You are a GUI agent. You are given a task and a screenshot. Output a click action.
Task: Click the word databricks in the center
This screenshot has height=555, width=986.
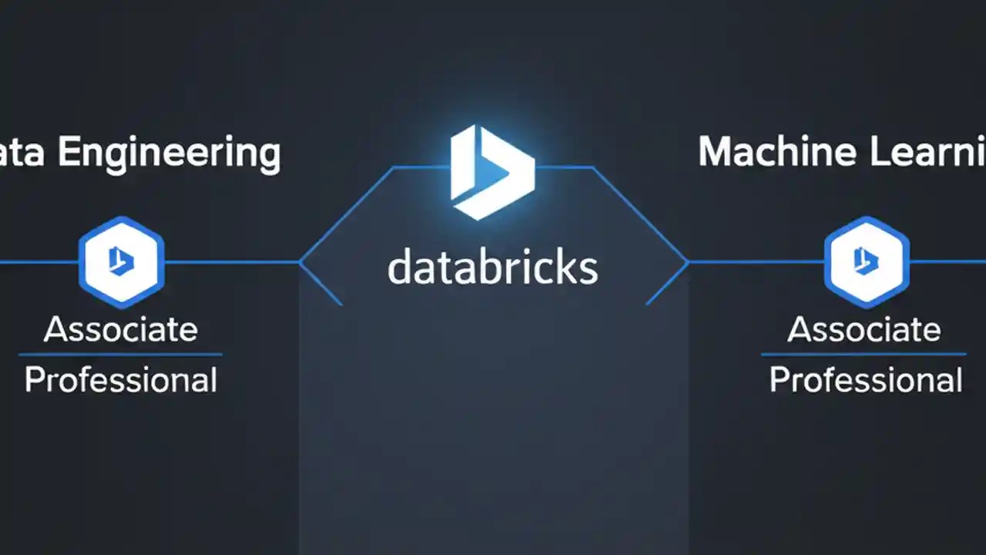[x=492, y=267]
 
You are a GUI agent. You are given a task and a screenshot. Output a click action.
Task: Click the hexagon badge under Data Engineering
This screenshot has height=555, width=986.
[x=121, y=262]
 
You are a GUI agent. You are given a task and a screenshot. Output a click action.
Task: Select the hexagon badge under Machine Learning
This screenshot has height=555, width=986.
[x=867, y=262]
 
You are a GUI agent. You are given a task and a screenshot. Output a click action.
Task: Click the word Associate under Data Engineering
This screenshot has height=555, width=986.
[x=121, y=330]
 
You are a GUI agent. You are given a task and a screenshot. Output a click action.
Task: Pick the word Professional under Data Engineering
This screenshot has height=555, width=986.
[x=121, y=381]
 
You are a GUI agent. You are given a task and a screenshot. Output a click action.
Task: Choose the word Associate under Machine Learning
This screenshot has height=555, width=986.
[x=864, y=330]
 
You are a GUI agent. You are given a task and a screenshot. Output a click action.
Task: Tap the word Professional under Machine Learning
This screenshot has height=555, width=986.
[x=866, y=381]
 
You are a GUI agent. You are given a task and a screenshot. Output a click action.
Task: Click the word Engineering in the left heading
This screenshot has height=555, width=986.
[x=169, y=153]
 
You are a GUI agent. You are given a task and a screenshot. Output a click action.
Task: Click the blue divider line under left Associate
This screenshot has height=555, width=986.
[x=121, y=355]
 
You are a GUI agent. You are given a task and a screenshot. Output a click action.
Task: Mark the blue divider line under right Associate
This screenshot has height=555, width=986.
[x=864, y=355]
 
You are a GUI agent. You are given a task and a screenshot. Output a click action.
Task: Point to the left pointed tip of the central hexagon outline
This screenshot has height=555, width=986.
[x=300, y=263]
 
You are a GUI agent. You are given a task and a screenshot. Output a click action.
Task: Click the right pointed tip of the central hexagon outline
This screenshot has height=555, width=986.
[x=687, y=263]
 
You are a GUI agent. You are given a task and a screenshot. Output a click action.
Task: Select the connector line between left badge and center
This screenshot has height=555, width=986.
[x=231, y=262]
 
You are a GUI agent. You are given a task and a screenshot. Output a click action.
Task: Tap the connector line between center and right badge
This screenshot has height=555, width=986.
[x=755, y=262]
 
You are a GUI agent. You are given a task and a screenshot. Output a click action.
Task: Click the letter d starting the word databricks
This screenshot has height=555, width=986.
[x=398, y=267]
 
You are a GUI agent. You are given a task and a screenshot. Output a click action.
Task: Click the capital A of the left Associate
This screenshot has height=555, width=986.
[x=56, y=330]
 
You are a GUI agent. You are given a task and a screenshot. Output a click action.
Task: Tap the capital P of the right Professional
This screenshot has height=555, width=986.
[x=780, y=381]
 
